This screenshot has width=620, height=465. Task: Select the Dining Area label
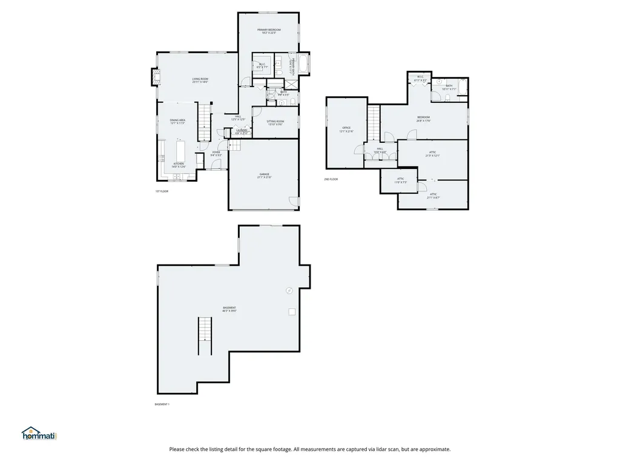pos(177,121)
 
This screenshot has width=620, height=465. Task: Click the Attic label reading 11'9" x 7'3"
pos(400,179)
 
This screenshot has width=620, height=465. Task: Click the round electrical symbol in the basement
pos(289,291)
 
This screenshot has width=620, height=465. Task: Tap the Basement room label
pos(229,308)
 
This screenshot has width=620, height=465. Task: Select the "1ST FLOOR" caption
pos(162,191)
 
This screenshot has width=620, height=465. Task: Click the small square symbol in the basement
pos(292,312)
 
